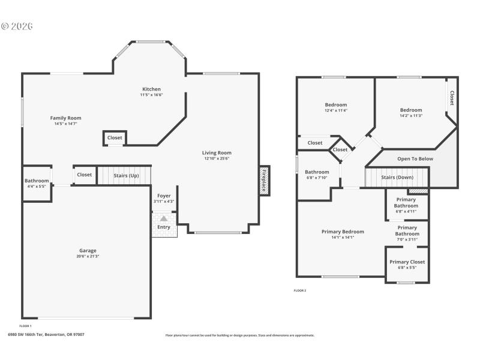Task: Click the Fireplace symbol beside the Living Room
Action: tap(264, 180)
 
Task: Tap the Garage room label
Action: tap(88, 250)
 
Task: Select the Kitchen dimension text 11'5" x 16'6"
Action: tap(151, 95)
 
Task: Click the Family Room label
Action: tap(65, 118)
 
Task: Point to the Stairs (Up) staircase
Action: tap(126, 175)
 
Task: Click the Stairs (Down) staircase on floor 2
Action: tap(397, 178)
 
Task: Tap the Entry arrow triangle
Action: tap(163, 219)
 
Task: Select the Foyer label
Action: tap(164, 196)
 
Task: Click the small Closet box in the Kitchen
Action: tap(115, 138)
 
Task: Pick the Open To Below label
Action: tap(415, 159)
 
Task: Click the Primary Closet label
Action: tap(407, 262)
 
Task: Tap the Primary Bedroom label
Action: tap(343, 232)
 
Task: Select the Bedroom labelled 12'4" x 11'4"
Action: tap(336, 104)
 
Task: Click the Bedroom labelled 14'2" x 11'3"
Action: tap(411, 110)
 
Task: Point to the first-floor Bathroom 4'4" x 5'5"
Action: tap(37, 181)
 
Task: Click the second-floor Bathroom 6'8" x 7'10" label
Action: tap(317, 172)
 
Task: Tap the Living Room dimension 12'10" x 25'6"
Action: tap(217, 158)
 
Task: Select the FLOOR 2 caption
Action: tap(300, 290)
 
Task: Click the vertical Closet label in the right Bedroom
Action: tap(451, 98)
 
